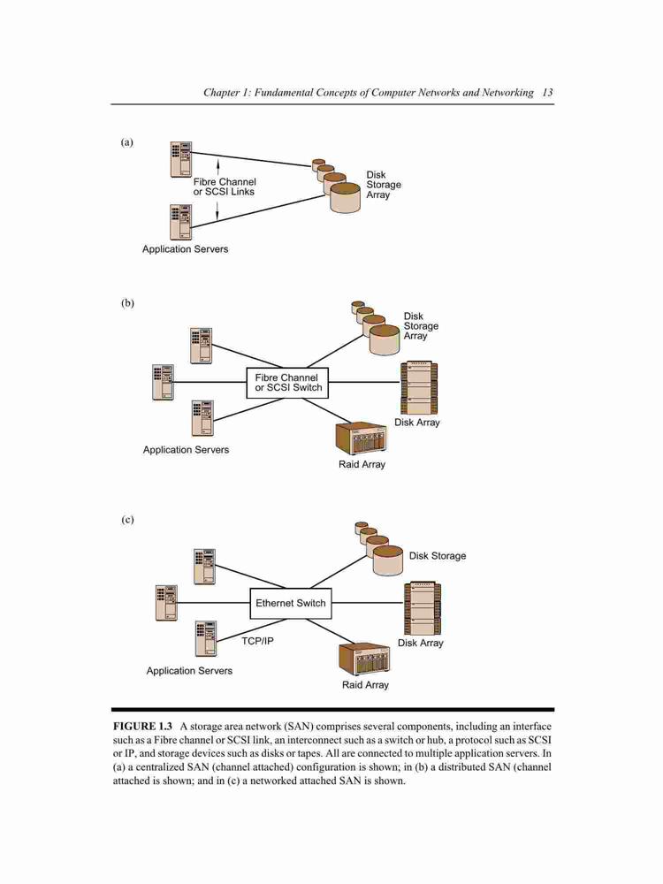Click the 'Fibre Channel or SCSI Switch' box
(287, 383)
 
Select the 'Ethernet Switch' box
(290, 603)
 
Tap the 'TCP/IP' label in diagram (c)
(257, 641)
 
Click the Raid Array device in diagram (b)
(362, 438)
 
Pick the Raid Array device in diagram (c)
(365, 659)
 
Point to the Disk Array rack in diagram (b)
(419, 388)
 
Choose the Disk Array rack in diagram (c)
(423, 608)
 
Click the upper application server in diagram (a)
(181, 159)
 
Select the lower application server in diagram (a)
(181, 222)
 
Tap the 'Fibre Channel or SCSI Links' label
(225, 187)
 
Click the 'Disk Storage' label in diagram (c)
(438, 556)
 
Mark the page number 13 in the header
(547, 93)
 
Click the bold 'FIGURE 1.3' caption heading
(142, 726)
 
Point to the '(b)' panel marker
(128, 303)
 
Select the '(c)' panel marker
(128, 520)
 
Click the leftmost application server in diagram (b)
(163, 382)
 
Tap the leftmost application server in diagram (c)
(166, 603)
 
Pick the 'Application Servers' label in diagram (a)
(185, 249)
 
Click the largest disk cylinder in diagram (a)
(345, 198)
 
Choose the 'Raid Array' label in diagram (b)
(362, 465)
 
